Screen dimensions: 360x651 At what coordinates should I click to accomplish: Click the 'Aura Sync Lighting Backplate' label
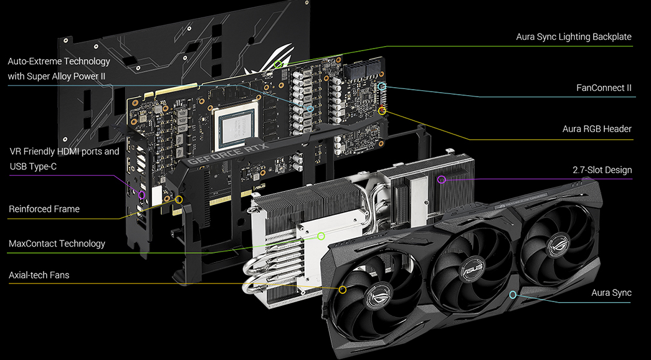pos(573,37)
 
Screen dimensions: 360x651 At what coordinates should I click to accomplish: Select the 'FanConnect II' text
pos(604,88)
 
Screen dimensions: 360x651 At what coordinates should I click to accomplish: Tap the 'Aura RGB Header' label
pos(597,129)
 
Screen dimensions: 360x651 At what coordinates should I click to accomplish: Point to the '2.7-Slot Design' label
pos(602,170)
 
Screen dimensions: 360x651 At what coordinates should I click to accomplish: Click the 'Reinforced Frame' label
pos(44,209)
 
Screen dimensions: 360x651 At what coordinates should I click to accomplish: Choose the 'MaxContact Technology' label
pos(57,244)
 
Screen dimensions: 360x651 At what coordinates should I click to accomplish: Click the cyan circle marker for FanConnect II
pos(383,87)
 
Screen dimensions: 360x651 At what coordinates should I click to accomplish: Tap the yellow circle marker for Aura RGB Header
pos(383,111)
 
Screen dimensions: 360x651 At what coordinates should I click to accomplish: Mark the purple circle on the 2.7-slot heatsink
pos(442,180)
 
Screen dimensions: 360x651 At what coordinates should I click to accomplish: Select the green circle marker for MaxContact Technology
pos(321,236)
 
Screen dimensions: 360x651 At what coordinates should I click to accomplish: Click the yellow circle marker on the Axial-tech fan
pos(343,290)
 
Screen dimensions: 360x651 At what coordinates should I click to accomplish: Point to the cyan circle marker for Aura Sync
pos(513,295)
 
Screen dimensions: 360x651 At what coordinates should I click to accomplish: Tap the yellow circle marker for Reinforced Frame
pos(179,200)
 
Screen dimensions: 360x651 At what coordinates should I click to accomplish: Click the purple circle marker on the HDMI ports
pos(141,195)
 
